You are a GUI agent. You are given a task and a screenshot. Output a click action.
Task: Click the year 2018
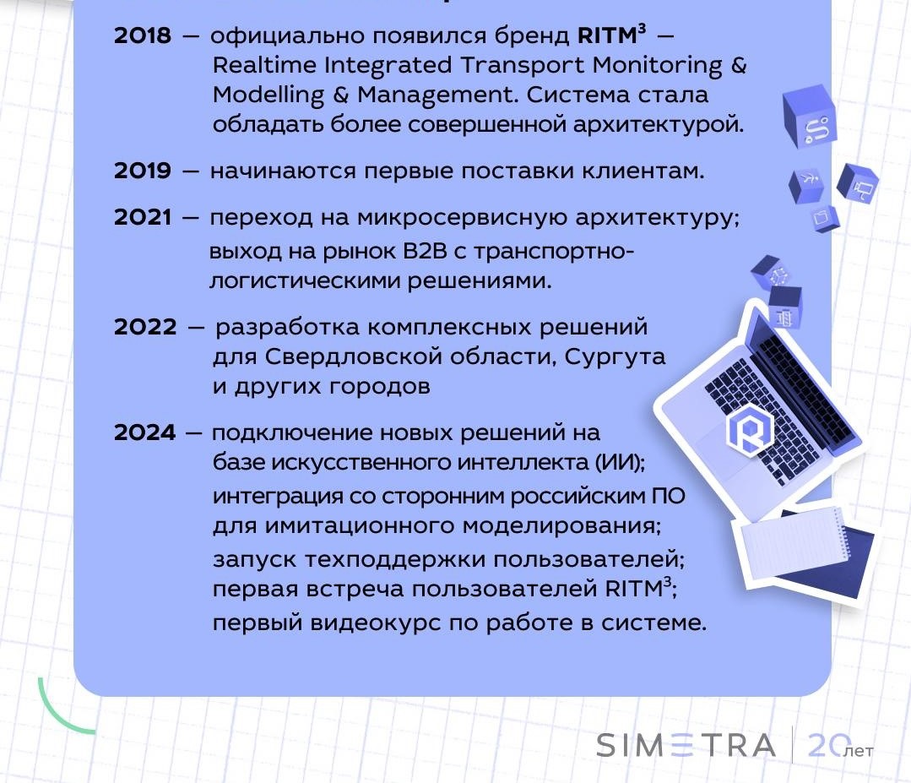point(143,35)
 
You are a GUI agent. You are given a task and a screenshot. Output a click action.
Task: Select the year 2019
point(143,171)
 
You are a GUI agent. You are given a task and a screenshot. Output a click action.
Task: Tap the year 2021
point(143,217)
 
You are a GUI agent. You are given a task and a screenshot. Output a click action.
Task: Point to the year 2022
point(145,327)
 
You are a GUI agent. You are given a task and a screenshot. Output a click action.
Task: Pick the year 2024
point(144,432)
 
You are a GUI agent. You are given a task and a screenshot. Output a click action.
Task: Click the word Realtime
point(268,65)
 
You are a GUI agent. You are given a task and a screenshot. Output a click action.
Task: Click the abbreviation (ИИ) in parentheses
point(620,462)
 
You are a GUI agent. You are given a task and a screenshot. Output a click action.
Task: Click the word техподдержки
point(395,559)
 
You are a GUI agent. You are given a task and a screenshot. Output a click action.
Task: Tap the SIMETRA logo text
point(686,745)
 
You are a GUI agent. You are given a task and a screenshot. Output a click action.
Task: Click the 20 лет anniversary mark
point(840,746)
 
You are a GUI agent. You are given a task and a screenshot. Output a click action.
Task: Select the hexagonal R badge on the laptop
point(750,428)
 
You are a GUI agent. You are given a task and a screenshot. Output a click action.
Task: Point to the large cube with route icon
point(810,116)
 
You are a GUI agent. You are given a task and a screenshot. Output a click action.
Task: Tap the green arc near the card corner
point(61,710)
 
